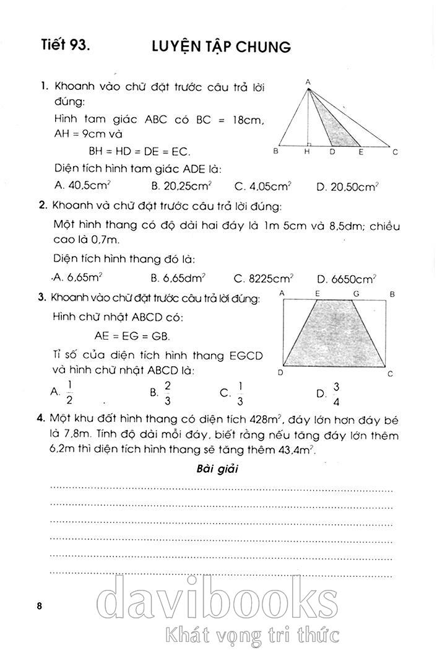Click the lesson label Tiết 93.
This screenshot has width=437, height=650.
[65, 45]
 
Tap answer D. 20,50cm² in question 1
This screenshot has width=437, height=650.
[347, 185]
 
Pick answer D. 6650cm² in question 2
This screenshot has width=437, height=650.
[346, 278]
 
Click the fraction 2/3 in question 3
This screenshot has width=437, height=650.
[168, 392]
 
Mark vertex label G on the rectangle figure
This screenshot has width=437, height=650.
[356, 293]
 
